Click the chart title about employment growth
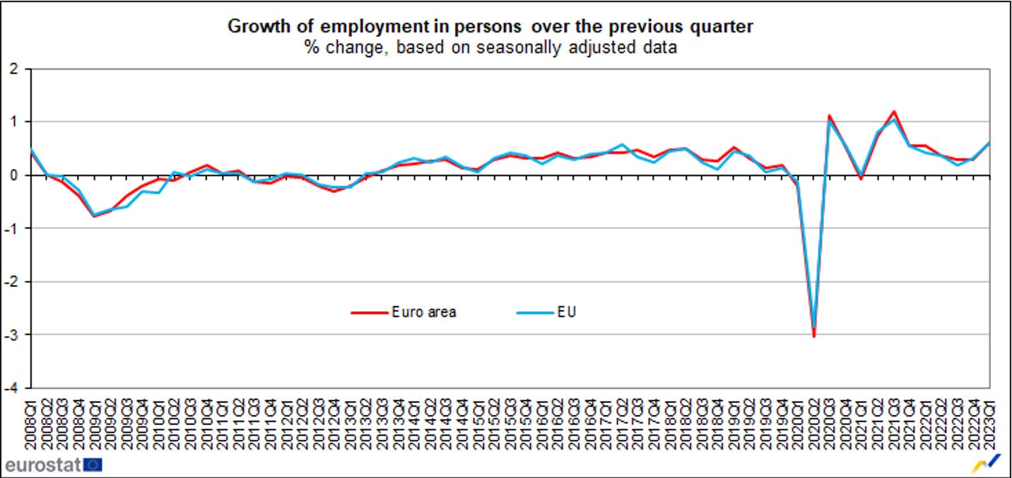[x=490, y=27]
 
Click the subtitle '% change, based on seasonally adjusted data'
[x=490, y=47]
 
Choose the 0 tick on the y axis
[x=13, y=175]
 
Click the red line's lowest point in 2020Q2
[x=814, y=337]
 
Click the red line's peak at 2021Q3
[x=894, y=112]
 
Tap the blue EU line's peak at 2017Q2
[x=622, y=144]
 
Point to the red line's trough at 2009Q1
[x=94, y=216]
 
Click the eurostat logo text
[x=42, y=465]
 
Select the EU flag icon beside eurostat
[x=93, y=465]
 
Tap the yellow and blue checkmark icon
[x=989, y=463]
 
